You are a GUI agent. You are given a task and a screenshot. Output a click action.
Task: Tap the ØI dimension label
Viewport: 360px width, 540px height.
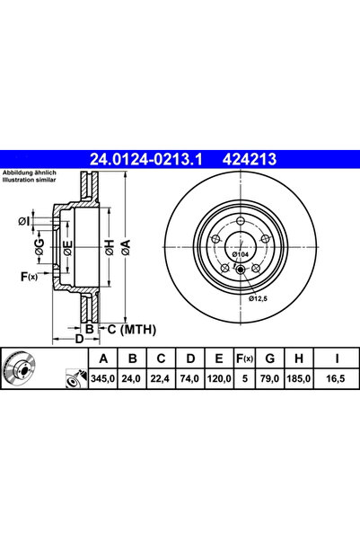(x=22, y=220)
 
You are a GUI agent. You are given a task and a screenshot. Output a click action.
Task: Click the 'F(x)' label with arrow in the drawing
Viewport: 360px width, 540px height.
(x=31, y=277)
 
